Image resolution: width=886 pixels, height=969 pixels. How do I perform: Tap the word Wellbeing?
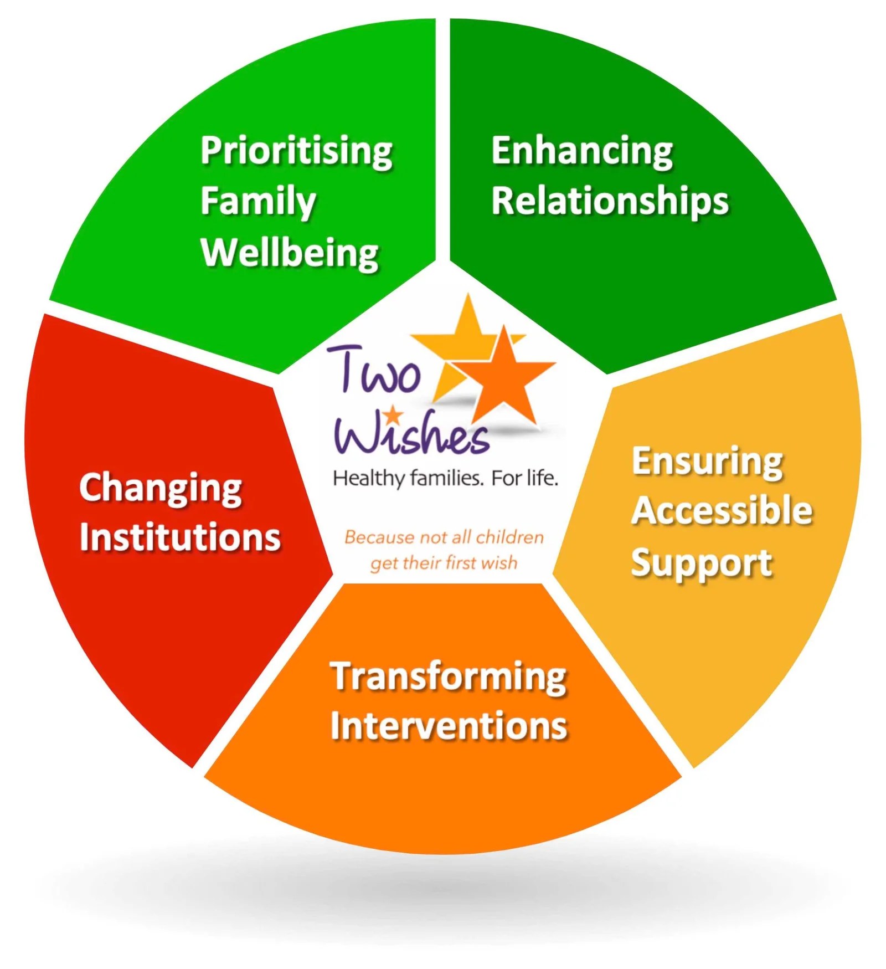pyautogui.click(x=290, y=253)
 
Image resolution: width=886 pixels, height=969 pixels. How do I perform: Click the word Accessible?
pyautogui.click(x=722, y=511)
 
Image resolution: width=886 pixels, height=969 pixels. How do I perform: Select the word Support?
pyautogui.click(x=701, y=563)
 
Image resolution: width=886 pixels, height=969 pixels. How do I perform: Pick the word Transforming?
pyautogui.click(x=448, y=677)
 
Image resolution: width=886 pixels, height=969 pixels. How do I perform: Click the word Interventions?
pyautogui.click(x=449, y=726)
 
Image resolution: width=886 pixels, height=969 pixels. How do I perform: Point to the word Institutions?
pyautogui.click(x=180, y=537)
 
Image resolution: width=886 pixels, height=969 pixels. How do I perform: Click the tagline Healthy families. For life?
pyautogui.click(x=445, y=478)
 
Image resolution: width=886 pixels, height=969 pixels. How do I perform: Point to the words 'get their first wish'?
pyautogui.click(x=444, y=563)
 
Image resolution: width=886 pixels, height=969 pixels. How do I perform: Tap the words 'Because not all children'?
pyautogui.click(x=444, y=537)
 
